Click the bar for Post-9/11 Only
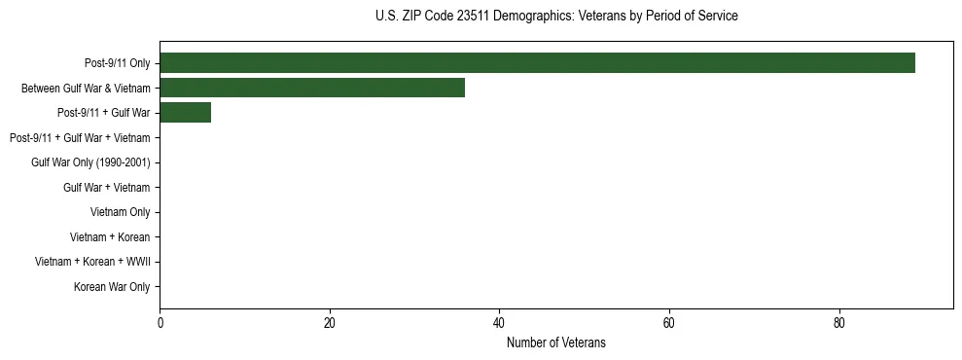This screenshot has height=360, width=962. pyautogui.click(x=537, y=63)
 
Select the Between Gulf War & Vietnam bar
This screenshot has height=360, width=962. pyautogui.click(x=312, y=88)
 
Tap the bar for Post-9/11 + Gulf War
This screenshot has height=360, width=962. pyautogui.click(x=185, y=113)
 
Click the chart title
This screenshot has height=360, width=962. pyautogui.click(x=555, y=17)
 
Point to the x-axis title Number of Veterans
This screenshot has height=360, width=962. pyautogui.click(x=555, y=342)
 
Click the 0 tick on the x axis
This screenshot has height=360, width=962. pyautogui.click(x=160, y=323)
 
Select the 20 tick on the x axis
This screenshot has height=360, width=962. pyautogui.click(x=330, y=323)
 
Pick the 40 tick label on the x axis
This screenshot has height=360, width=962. pyautogui.click(x=499, y=323)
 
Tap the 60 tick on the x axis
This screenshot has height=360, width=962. pyautogui.click(x=669, y=323)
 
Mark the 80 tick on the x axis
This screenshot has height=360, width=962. pyautogui.click(x=838, y=323)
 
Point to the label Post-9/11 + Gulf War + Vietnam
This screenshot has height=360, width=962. pyautogui.click(x=80, y=138)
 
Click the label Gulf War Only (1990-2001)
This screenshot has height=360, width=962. pyautogui.click(x=90, y=162)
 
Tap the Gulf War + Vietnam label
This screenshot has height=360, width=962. pyautogui.click(x=106, y=188)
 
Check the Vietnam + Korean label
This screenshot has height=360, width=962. pyautogui.click(x=110, y=237)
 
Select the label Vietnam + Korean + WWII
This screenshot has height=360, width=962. pyautogui.click(x=92, y=262)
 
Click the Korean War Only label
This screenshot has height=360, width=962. pyautogui.click(x=112, y=287)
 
